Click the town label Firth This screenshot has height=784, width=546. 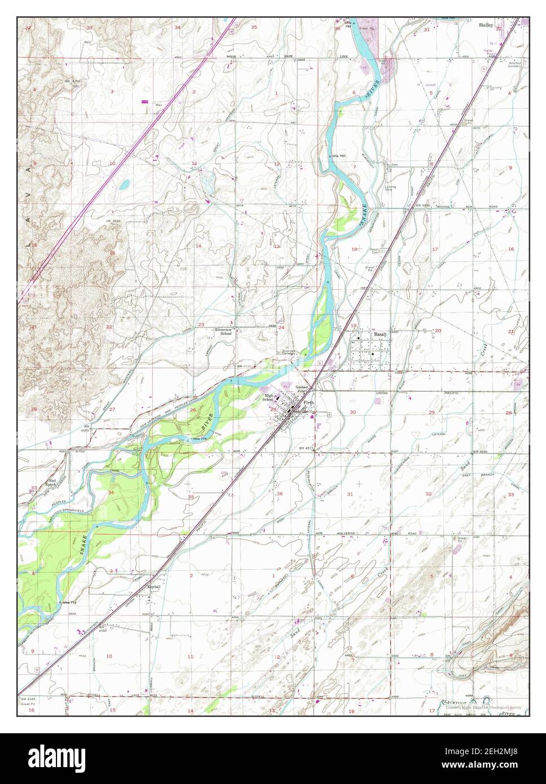[x=308, y=402]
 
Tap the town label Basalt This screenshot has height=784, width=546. [x=378, y=334]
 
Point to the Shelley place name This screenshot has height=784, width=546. [x=486, y=25]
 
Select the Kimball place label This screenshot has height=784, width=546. [x=154, y=587]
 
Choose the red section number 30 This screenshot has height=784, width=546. [x=353, y=413]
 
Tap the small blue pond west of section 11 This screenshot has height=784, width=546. [x=124, y=184]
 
